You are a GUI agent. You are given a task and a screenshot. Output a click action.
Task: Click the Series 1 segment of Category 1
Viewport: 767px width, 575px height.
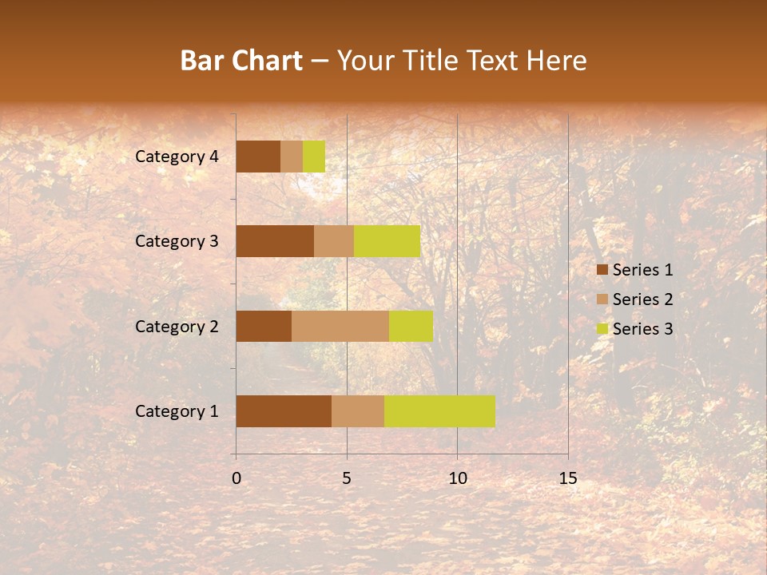tap(284, 411)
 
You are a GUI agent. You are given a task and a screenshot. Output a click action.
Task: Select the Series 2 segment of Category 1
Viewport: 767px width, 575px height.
tap(358, 411)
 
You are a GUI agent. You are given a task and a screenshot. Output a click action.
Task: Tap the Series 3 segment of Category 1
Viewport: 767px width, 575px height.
tap(439, 411)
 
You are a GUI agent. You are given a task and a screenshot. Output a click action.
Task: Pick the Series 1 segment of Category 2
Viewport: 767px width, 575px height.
tap(264, 326)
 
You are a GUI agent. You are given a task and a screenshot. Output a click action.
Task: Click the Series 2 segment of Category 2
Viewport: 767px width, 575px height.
tap(340, 326)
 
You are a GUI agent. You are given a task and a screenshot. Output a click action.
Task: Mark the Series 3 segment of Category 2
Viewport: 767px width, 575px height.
tap(411, 326)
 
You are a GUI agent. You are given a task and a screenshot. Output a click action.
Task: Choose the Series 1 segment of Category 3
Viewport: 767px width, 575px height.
tap(275, 241)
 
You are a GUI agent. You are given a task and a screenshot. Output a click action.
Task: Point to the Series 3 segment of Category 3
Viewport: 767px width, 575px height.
tap(387, 241)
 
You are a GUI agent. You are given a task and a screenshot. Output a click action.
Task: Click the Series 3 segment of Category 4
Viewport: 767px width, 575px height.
tap(314, 157)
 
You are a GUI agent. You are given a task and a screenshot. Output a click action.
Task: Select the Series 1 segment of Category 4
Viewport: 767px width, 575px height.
tap(258, 157)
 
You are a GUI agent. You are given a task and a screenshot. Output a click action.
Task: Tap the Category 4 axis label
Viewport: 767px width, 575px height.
tap(177, 157)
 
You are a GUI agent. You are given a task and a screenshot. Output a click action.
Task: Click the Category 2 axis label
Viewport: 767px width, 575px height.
tap(177, 326)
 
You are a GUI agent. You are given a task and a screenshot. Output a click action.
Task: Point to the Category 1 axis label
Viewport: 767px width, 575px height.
tap(177, 411)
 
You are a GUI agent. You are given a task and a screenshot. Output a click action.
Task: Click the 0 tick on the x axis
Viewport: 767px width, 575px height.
tap(236, 478)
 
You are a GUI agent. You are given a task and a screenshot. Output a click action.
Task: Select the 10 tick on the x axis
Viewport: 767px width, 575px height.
tap(457, 478)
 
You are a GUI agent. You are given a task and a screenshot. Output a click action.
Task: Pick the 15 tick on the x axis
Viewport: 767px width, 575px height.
tap(567, 478)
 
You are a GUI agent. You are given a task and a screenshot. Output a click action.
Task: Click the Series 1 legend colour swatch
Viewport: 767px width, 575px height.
tap(602, 270)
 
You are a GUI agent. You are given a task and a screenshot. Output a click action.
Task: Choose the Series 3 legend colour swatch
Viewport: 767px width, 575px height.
tap(602, 329)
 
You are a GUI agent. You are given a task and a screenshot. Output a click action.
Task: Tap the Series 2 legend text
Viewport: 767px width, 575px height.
tap(642, 299)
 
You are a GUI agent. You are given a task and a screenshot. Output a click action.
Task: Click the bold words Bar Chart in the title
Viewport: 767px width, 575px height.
tap(241, 61)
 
